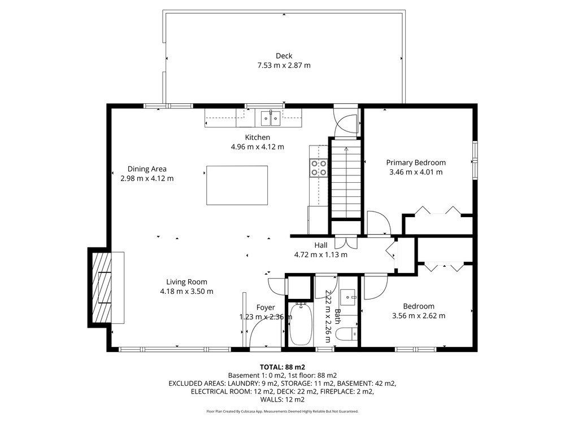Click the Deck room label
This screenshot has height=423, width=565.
(x=284, y=56)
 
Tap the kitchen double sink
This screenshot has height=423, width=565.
(x=271, y=118)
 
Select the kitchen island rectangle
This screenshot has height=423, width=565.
(x=237, y=185)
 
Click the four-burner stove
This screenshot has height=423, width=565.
(x=319, y=168)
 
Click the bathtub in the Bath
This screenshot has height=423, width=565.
(x=301, y=324)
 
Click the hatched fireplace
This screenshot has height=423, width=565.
(x=102, y=288)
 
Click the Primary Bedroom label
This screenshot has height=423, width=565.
(x=416, y=162)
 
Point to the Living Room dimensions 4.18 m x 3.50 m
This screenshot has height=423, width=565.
(x=186, y=292)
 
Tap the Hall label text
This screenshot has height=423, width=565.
(x=321, y=245)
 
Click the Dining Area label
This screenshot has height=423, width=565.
(x=147, y=169)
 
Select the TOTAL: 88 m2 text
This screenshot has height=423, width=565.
(x=282, y=367)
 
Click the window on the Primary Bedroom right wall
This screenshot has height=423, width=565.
(x=475, y=160)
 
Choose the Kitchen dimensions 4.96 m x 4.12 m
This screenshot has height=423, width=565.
(x=257, y=147)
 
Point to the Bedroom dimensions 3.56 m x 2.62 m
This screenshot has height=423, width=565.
(x=419, y=316)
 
